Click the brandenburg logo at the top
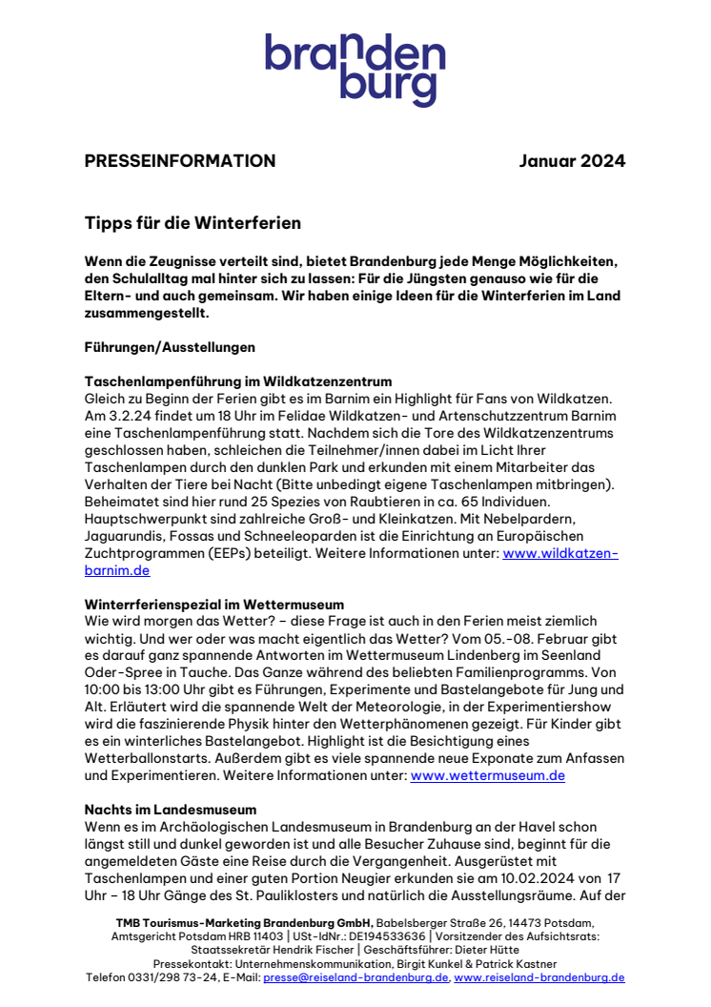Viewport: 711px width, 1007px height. click(x=355, y=70)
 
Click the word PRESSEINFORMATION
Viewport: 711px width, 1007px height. click(x=180, y=161)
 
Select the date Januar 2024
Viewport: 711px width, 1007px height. click(x=572, y=161)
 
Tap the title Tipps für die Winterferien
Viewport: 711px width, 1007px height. click(x=193, y=223)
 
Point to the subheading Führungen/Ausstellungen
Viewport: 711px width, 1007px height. click(x=170, y=347)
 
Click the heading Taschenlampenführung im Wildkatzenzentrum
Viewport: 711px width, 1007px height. click(x=238, y=382)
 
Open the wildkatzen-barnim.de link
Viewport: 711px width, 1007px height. click(x=559, y=554)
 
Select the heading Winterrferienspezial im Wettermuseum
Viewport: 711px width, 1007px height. click(x=227, y=605)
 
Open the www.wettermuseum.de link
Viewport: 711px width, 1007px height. click(x=487, y=776)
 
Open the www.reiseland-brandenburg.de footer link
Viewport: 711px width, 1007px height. click(x=539, y=977)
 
